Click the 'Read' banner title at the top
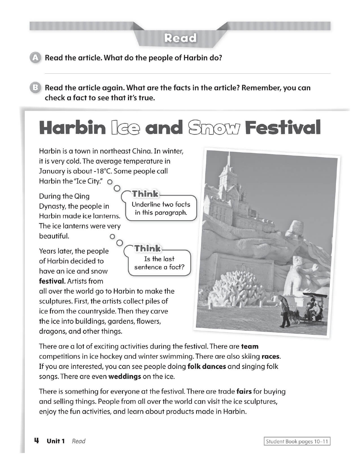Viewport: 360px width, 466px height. click(x=180, y=38)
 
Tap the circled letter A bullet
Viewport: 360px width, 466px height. click(x=35, y=58)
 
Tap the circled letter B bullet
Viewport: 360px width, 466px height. click(x=35, y=88)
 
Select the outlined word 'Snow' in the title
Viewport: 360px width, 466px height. click(x=214, y=128)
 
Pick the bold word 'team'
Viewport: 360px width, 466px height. click(x=250, y=347)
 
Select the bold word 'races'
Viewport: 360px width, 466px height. click(x=270, y=356)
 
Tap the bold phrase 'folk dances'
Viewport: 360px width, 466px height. click(x=206, y=367)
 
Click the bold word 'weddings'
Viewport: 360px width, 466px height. click(x=125, y=376)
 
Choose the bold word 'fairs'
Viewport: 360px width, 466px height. click(x=244, y=392)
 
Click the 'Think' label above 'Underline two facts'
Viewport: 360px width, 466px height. click(x=145, y=194)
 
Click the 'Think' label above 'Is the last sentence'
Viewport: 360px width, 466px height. click(x=147, y=249)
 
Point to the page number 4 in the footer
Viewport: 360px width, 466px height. click(x=36, y=441)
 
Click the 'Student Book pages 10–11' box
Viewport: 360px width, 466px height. click(x=297, y=441)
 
